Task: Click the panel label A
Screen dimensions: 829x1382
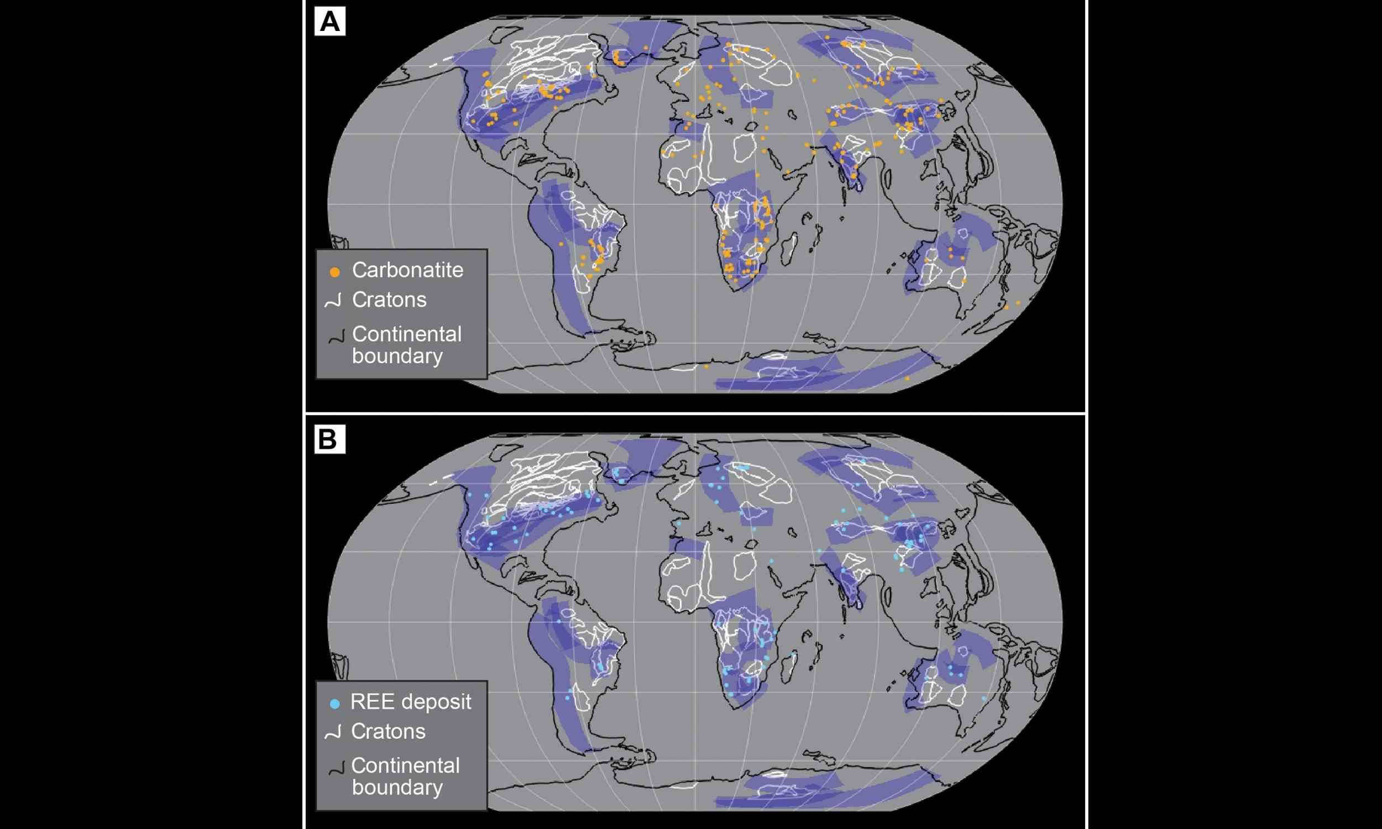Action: click(329, 22)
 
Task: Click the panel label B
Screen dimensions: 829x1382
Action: click(328, 439)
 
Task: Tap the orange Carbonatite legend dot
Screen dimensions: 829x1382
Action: click(334, 272)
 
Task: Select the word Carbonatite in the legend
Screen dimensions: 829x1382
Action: click(407, 270)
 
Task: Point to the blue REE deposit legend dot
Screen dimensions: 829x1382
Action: click(334, 705)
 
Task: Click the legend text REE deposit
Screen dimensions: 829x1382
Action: click(411, 702)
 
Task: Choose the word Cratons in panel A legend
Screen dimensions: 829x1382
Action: click(389, 300)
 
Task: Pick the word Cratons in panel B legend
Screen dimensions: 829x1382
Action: click(388, 732)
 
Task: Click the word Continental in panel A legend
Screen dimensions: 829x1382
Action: click(407, 334)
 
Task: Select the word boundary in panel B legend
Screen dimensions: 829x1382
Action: click(397, 788)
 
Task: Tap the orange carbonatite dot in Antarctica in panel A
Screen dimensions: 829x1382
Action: click(706, 366)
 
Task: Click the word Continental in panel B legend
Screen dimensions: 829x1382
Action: click(406, 765)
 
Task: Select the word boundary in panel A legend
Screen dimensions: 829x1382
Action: click(397, 356)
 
